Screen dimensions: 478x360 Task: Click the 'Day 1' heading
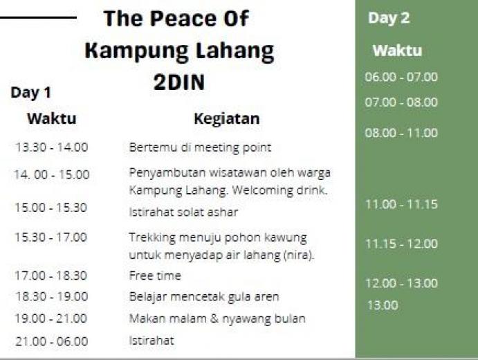pos(31,93)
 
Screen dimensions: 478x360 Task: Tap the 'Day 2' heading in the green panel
pos(389,18)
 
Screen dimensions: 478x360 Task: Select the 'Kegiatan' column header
pos(227,119)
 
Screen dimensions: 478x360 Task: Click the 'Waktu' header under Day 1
pos(51,118)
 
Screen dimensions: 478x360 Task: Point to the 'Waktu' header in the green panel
pos(397,51)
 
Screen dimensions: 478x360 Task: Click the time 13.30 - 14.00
pos(51,147)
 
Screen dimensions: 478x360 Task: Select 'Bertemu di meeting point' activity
pos(200,147)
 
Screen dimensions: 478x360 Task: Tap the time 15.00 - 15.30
pos(51,208)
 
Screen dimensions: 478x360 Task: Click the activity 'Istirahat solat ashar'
pos(183,212)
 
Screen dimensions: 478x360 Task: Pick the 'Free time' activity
pos(155,276)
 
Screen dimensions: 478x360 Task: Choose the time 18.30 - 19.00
pos(51,296)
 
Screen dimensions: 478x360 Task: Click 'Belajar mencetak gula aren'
pos(204,297)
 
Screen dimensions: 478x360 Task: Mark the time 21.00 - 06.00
pos(51,341)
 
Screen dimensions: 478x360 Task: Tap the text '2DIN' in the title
pos(179,82)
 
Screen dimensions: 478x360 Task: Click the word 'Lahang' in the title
pos(235,51)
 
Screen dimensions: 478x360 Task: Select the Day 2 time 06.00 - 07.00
pos(401,77)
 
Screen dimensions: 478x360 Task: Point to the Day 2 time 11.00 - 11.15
pos(401,204)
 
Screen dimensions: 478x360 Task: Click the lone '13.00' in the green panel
pos(383,305)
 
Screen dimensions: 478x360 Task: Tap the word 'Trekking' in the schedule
pos(152,238)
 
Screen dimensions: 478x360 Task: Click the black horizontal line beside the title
pos(38,18)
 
